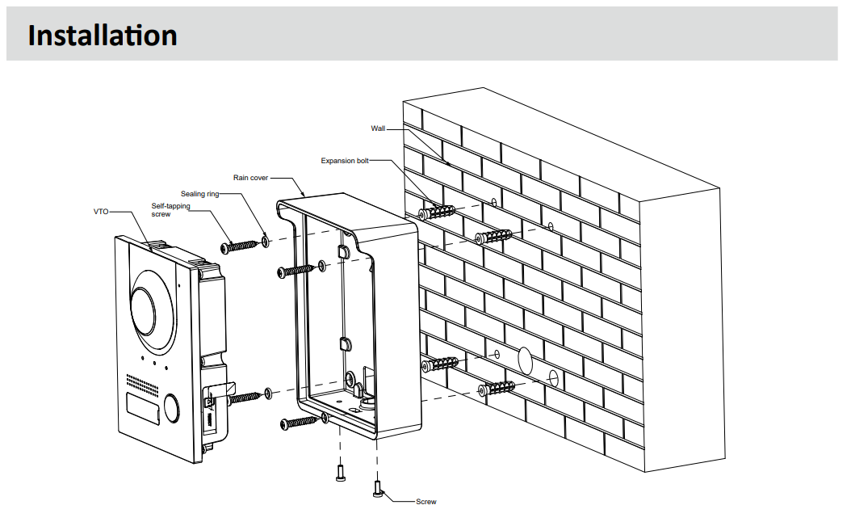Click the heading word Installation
tap(102, 36)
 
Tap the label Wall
tap(378, 128)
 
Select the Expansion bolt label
tap(344, 161)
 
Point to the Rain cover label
tap(250, 177)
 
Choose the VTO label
tap(101, 212)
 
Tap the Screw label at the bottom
tap(425, 502)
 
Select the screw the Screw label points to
tap(377, 487)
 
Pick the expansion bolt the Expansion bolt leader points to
tap(437, 213)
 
